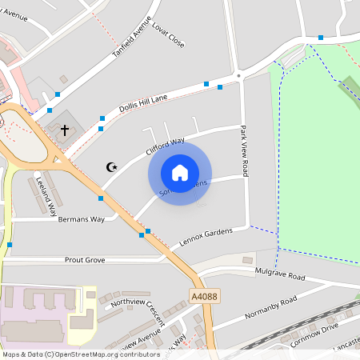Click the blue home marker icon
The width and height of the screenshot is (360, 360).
[180, 173]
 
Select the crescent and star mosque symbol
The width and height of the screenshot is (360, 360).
[112, 166]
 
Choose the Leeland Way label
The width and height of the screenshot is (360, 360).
[46, 197]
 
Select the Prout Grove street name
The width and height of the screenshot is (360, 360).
[84, 260]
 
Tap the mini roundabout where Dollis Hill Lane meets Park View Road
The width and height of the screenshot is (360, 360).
[238, 76]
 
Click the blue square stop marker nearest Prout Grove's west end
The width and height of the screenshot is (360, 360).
[10, 245]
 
